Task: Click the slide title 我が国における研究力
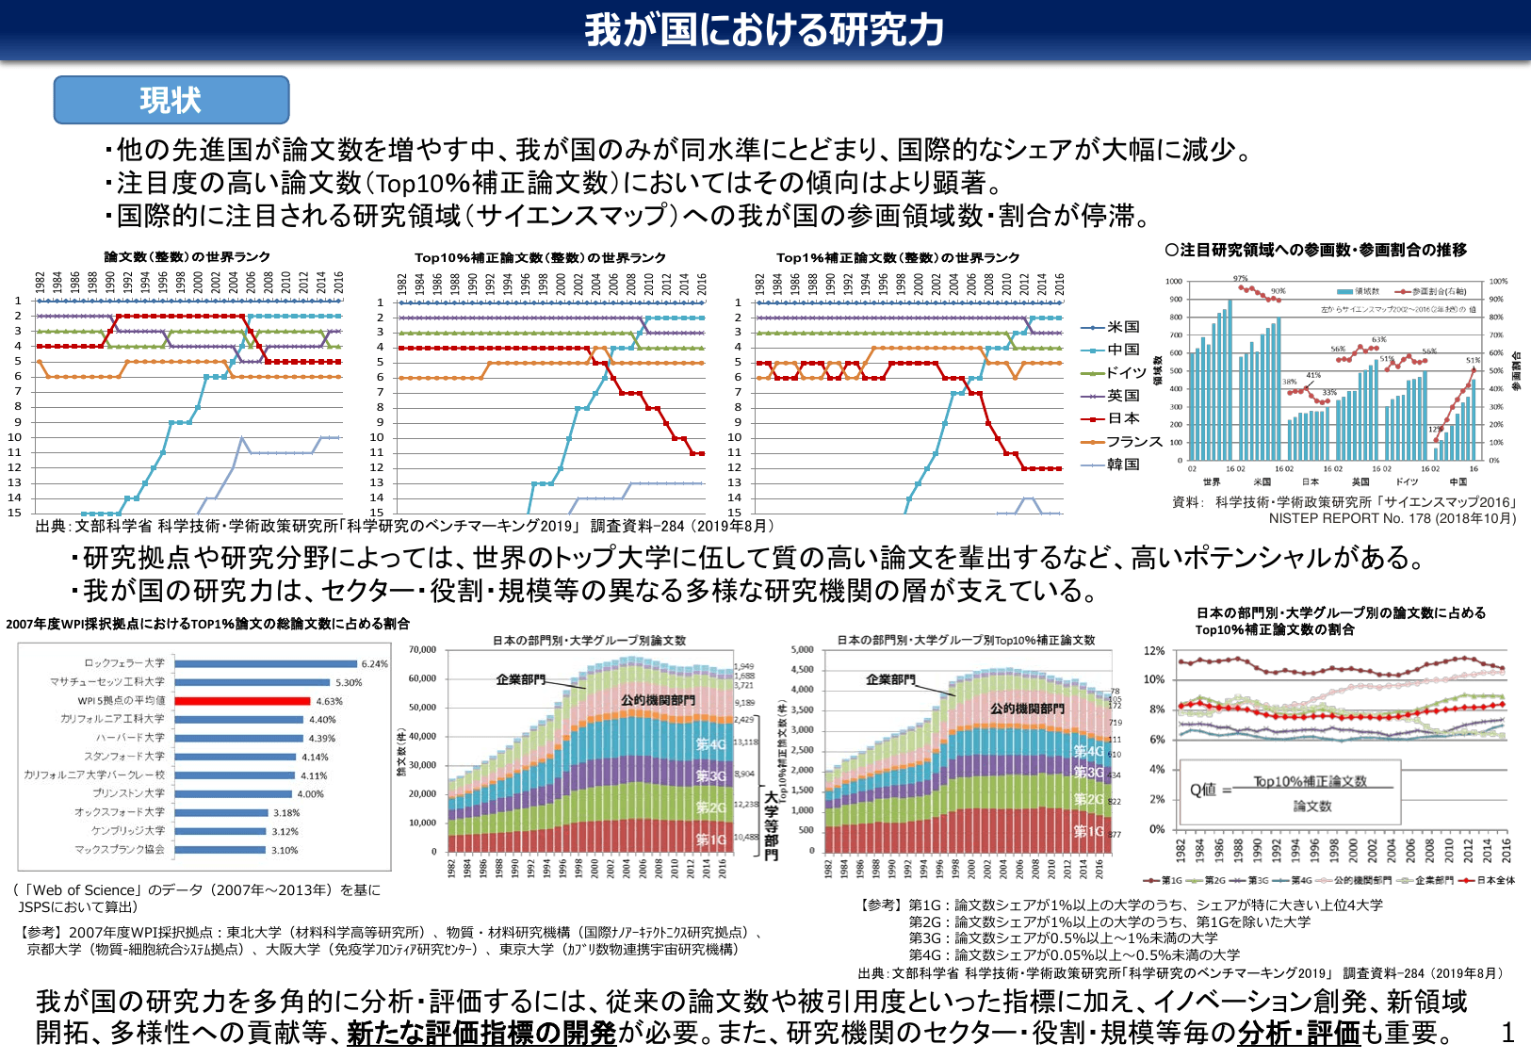764,30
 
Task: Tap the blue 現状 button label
171,101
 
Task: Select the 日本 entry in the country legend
1123,418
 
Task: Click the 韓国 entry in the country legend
1123,465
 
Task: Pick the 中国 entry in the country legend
1123,350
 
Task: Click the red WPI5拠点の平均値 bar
242,701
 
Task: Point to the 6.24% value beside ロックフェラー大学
374,664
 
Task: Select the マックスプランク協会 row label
120,850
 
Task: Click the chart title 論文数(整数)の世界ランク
187,257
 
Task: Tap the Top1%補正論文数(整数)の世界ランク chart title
897,257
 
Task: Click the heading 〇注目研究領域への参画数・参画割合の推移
1315,251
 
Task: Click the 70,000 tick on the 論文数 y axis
422,650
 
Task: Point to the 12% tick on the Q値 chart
1154,651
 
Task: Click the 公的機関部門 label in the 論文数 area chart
658,700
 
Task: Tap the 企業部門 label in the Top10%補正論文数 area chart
890,679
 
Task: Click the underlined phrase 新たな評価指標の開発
480,1034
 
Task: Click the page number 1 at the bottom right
1507,1034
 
